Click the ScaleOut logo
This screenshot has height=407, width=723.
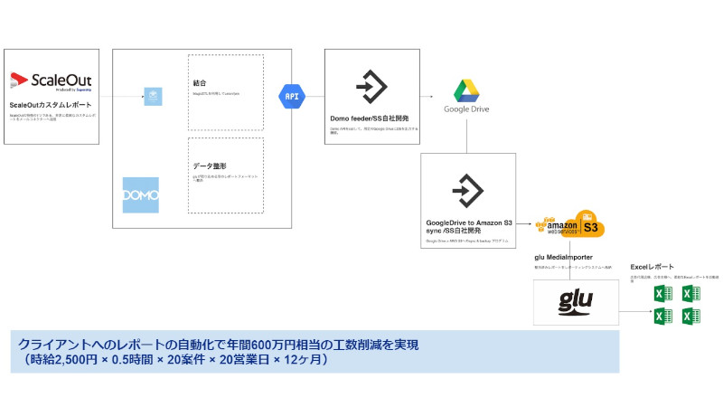(x=51, y=82)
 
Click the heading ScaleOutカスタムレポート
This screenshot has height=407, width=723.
(x=47, y=105)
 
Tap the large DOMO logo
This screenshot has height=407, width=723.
(x=140, y=195)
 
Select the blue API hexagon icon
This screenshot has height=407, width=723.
(x=292, y=96)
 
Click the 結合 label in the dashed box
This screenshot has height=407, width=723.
(x=200, y=82)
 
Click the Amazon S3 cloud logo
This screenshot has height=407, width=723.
(x=570, y=224)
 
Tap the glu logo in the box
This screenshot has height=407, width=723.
(x=577, y=301)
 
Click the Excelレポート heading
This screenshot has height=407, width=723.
(x=652, y=267)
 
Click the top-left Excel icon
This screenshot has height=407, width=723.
(x=662, y=294)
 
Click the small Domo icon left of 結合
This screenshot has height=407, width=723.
(x=153, y=96)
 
